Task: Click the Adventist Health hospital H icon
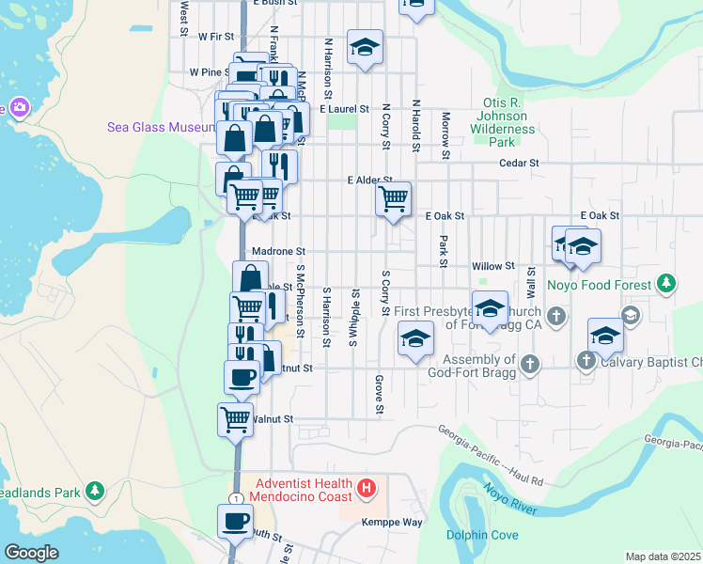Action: (x=367, y=490)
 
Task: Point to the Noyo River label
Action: (x=510, y=498)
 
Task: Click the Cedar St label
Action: (x=520, y=162)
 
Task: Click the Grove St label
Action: (x=380, y=395)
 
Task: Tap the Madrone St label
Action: (x=279, y=252)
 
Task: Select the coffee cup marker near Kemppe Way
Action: (x=235, y=521)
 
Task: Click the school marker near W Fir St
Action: (x=365, y=47)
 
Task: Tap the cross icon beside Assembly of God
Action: (x=530, y=365)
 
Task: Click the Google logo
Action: (x=31, y=552)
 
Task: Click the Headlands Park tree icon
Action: (x=94, y=491)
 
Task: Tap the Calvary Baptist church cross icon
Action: (x=586, y=360)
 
